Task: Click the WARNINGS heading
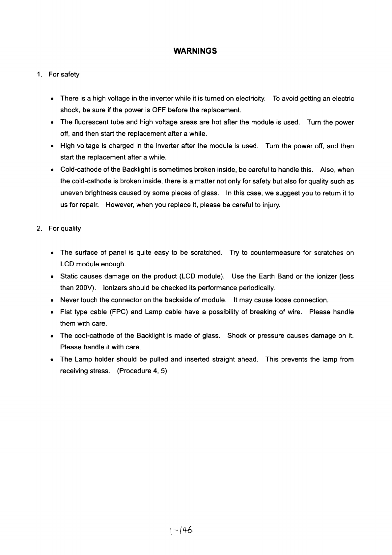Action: click(x=195, y=51)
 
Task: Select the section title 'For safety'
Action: click(x=64, y=74)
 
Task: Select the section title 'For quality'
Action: click(x=64, y=229)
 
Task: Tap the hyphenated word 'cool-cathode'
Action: click(x=93, y=336)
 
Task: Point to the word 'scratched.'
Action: click(x=206, y=253)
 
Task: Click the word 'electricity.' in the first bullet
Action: click(x=250, y=99)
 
